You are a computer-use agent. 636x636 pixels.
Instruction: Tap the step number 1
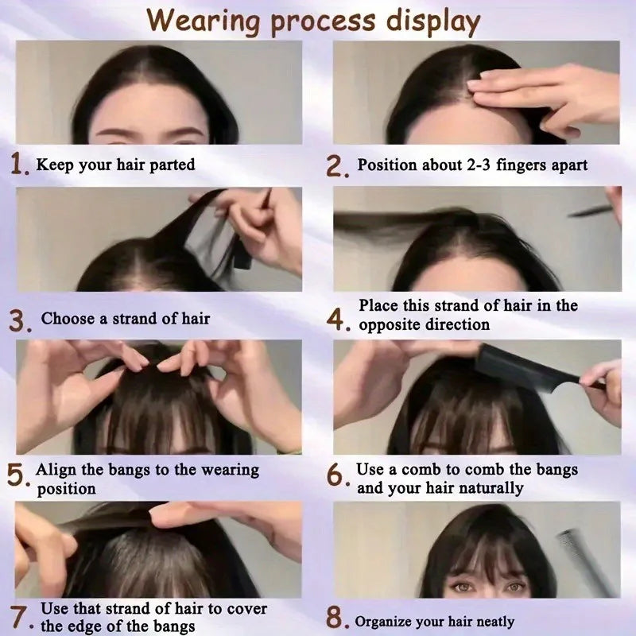click(x=20, y=165)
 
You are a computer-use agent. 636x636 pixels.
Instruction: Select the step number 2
click(x=337, y=166)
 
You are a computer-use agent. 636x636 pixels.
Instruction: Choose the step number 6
click(x=337, y=475)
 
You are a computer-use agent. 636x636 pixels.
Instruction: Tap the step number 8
click(x=337, y=619)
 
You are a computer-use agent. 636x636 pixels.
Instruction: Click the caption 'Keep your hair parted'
click(x=115, y=165)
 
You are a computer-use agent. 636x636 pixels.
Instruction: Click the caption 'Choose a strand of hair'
click(x=126, y=319)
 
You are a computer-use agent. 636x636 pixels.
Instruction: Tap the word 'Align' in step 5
click(x=56, y=470)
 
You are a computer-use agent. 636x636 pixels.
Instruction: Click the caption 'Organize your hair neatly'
click(x=435, y=622)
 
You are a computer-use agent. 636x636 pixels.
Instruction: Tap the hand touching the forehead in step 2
click(x=541, y=95)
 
